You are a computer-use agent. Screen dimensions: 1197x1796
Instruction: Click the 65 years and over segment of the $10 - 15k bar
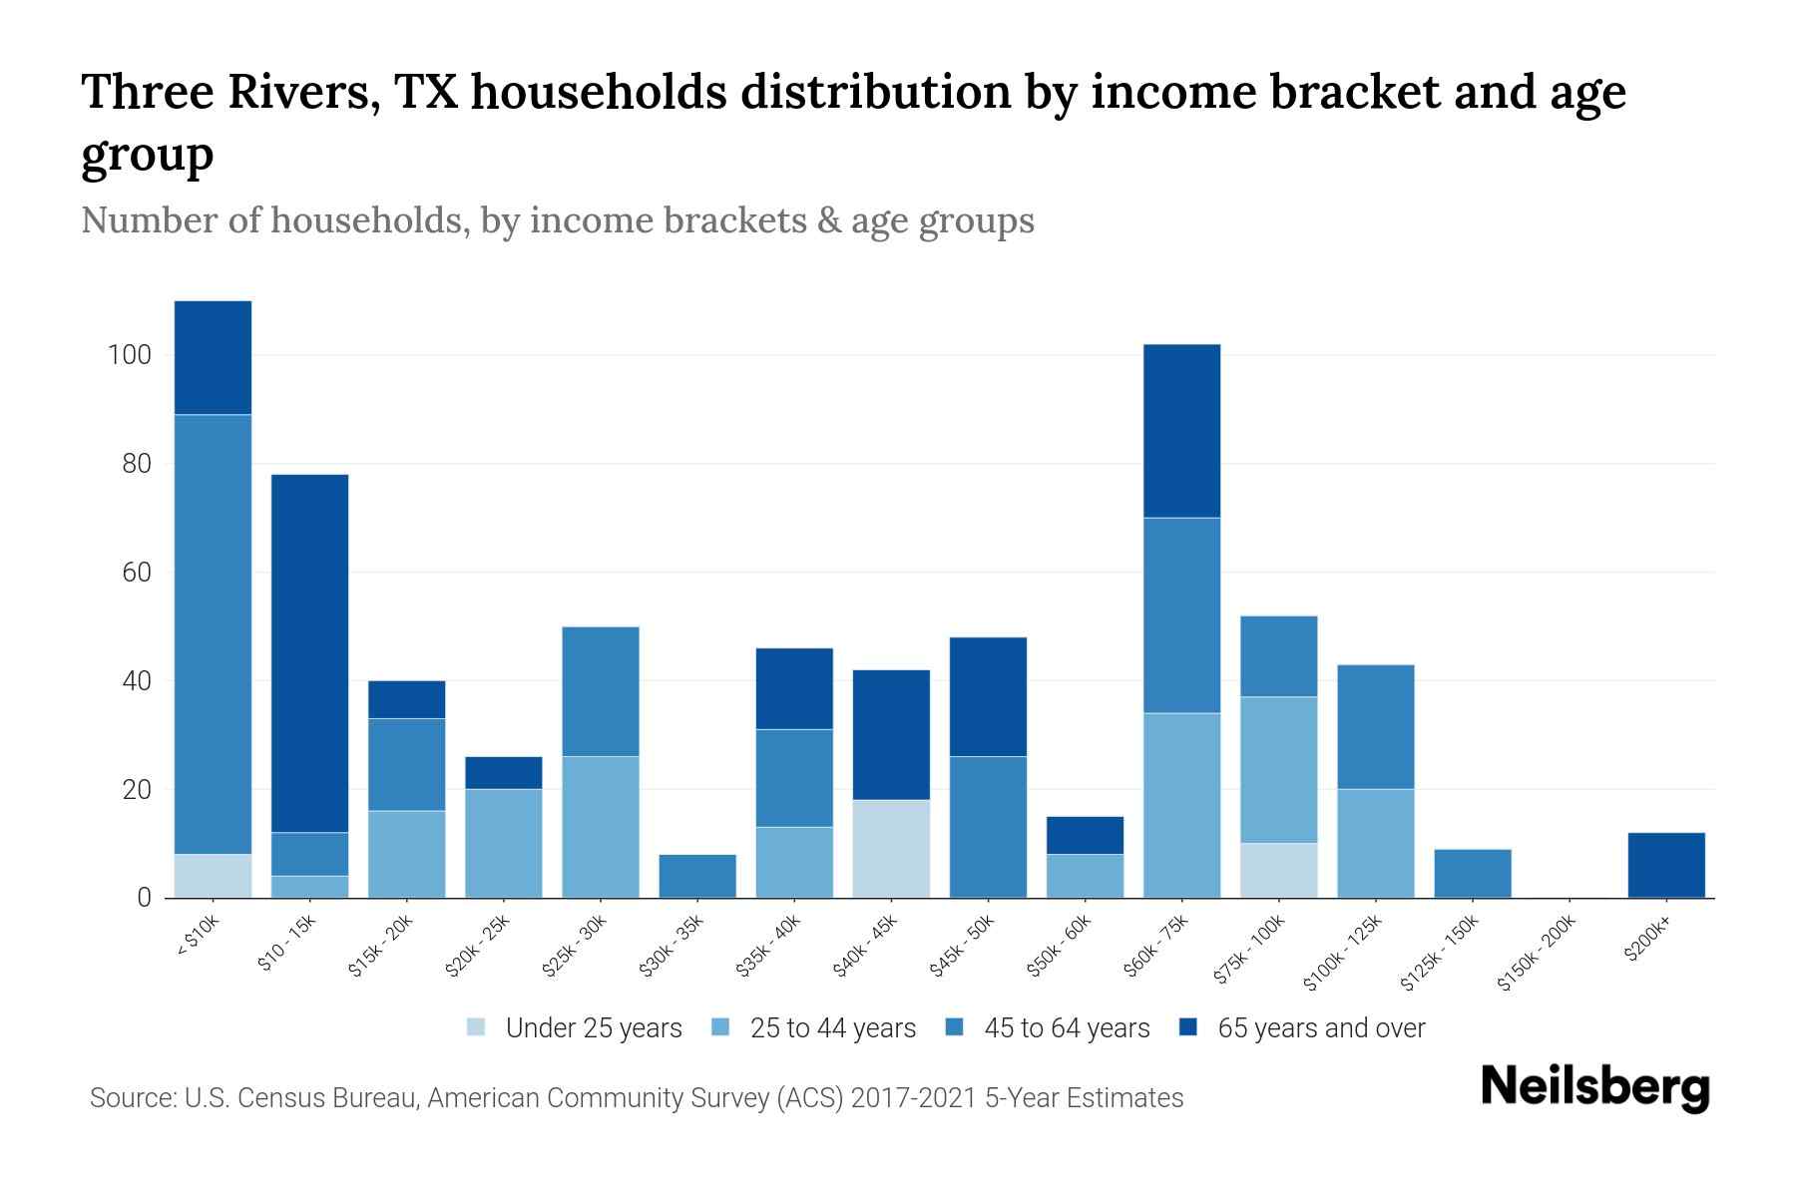pyautogui.click(x=309, y=653)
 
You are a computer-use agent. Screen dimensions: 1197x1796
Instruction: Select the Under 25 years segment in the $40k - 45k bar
pyautogui.click(x=891, y=849)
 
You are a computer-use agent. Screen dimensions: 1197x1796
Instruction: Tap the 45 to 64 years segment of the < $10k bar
pyautogui.click(x=213, y=634)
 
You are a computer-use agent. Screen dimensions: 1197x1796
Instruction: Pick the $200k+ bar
pyautogui.click(x=1666, y=866)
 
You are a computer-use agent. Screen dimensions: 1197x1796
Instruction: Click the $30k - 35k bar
pyautogui.click(x=697, y=877)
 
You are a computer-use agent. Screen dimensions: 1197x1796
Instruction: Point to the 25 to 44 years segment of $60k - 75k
pyautogui.click(x=1181, y=806)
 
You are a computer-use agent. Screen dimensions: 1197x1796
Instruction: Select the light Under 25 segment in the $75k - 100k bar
pyautogui.click(x=1278, y=871)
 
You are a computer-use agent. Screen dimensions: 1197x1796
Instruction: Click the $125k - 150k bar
pyautogui.click(x=1472, y=874)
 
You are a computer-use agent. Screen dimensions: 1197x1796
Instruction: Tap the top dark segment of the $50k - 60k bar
pyautogui.click(x=1085, y=836)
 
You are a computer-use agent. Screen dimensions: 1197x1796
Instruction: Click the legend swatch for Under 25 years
pyautogui.click(x=477, y=1027)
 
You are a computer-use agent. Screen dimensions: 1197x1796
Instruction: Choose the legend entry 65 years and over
pyautogui.click(x=1320, y=1028)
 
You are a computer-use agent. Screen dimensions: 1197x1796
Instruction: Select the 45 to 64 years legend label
pyautogui.click(x=1067, y=1028)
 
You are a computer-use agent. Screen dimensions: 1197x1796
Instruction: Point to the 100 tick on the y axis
pyautogui.click(x=130, y=355)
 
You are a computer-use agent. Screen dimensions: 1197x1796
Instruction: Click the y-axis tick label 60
pyautogui.click(x=136, y=573)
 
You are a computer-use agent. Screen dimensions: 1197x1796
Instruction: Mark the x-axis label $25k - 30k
pyautogui.click(x=575, y=947)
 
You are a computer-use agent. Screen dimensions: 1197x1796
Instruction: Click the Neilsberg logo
pyautogui.click(x=1594, y=1088)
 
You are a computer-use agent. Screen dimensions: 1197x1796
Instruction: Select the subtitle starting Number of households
pyautogui.click(x=557, y=220)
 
